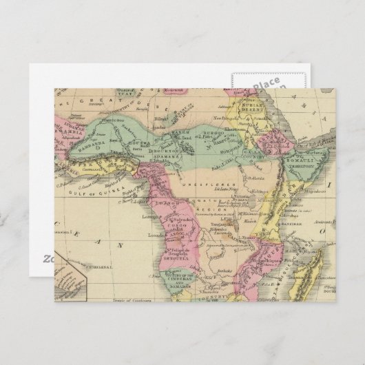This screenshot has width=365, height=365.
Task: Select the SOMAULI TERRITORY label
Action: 302,163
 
